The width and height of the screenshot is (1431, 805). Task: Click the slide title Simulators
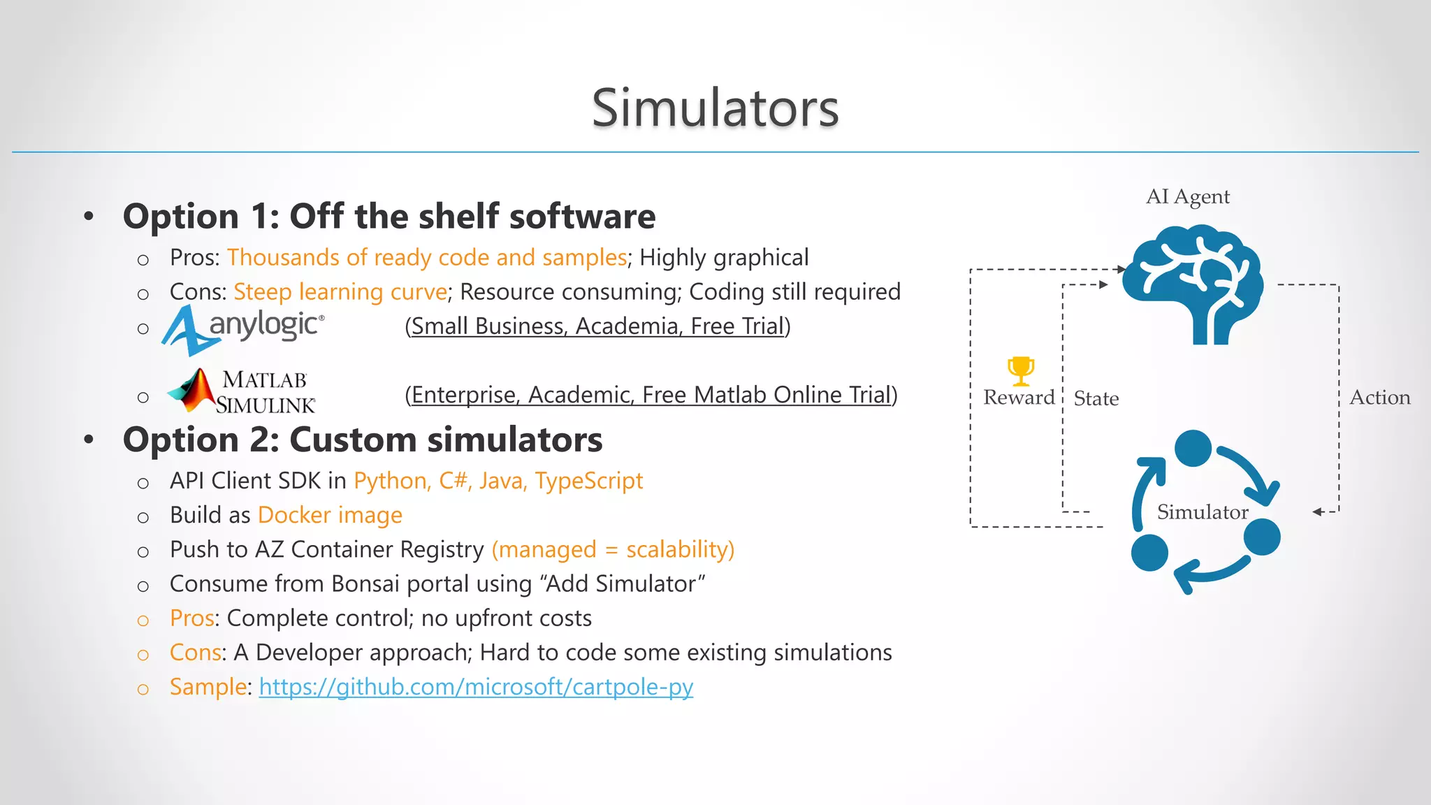point(715,108)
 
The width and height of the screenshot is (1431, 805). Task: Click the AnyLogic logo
point(243,328)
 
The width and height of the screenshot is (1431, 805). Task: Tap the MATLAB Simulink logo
point(242,392)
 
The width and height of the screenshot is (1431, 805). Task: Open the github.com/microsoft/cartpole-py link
point(476,687)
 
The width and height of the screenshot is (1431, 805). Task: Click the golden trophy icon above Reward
point(1020,370)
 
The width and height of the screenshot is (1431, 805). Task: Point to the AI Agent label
point(1187,197)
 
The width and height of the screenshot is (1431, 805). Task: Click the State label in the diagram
point(1096,399)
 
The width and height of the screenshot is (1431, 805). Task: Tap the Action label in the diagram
point(1379,398)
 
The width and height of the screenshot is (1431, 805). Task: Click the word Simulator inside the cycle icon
point(1202,512)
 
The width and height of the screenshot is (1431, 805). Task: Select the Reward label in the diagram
point(1019,398)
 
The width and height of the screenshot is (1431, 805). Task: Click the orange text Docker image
point(330,515)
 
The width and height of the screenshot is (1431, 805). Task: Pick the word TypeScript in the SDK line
point(589,481)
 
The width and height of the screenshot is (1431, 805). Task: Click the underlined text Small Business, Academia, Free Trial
point(597,326)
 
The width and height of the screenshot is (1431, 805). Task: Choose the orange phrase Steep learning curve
point(340,292)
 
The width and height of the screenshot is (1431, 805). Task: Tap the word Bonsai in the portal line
point(365,583)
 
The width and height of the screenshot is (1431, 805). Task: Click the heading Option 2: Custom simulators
point(363,440)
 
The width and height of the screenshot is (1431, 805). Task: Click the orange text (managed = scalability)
point(613,549)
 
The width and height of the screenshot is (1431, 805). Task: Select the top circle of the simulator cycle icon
point(1193,449)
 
